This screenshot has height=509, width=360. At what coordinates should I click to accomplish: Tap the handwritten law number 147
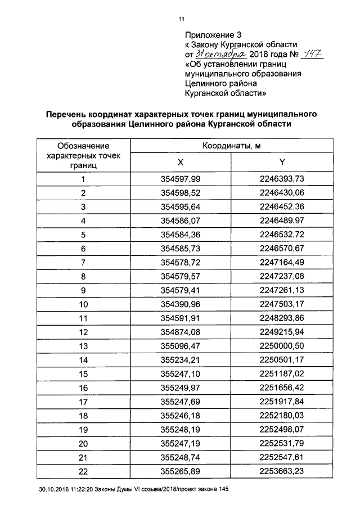(310, 53)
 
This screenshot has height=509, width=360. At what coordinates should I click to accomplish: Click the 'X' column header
(181, 162)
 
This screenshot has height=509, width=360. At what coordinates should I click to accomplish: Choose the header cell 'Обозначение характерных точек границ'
(83, 155)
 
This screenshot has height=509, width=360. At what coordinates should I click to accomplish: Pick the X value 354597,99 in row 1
(181, 179)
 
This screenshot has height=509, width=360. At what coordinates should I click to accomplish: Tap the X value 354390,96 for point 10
(181, 304)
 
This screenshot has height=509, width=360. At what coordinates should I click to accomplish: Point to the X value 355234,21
(181, 360)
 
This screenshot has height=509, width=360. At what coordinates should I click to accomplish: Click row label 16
(83, 388)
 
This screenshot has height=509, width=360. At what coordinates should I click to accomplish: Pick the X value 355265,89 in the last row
(181, 471)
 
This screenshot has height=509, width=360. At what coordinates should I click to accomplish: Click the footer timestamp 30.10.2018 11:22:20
(66, 490)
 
